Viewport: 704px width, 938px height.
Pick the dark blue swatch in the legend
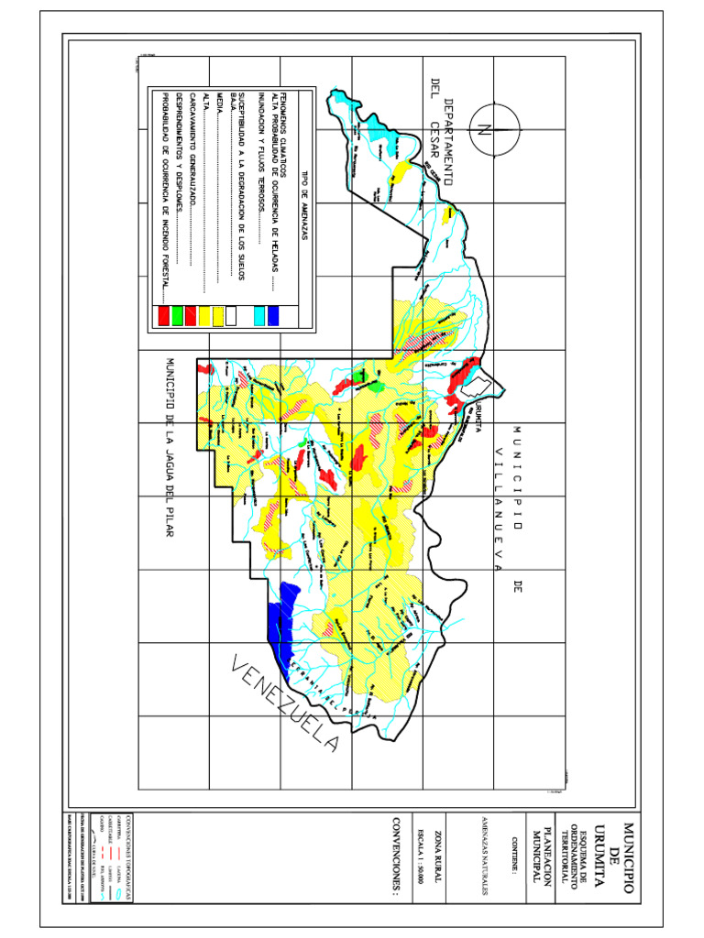[273, 316]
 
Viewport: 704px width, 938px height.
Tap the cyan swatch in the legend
[259, 316]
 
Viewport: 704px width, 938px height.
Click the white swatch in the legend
[232, 316]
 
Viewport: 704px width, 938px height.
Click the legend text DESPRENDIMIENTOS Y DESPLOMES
[178, 183]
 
